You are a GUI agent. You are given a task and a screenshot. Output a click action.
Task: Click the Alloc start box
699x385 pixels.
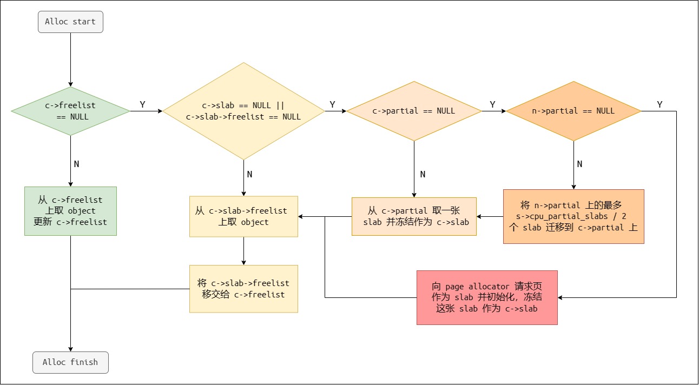(70, 22)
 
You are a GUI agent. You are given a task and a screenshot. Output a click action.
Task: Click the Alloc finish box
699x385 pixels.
(70, 362)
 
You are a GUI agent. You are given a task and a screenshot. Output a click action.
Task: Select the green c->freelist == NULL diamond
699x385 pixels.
(70, 111)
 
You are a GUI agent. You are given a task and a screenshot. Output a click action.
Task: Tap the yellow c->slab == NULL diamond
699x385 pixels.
(243, 111)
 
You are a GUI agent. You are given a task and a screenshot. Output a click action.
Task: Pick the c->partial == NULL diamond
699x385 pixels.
(414, 111)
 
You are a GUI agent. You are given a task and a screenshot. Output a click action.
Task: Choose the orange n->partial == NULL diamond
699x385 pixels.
(573, 111)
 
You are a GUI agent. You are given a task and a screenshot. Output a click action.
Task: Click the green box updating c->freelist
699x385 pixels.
(70, 211)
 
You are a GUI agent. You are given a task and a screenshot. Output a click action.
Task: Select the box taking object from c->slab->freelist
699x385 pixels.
(243, 216)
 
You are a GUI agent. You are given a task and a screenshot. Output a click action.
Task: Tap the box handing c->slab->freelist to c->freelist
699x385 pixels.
(243, 288)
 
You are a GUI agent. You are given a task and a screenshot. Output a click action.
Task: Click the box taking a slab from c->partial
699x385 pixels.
(414, 216)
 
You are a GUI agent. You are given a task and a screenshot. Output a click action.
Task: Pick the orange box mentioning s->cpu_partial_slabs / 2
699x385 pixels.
(573, 216)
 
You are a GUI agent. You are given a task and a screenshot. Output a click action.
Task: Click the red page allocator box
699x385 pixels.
(487, 297)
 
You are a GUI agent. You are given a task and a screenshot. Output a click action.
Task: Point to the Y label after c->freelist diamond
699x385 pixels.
(142, 105)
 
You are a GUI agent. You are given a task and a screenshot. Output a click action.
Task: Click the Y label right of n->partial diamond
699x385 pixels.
(660, 105)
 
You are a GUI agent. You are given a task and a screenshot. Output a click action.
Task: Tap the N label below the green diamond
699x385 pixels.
(76, 164)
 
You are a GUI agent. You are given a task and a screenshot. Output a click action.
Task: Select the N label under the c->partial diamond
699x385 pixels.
(423, 174)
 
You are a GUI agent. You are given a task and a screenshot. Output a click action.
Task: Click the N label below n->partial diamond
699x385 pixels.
(579, 164)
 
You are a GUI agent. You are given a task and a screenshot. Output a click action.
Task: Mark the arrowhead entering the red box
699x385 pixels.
(561, 297)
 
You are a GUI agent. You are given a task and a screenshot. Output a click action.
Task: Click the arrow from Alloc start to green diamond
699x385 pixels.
(70, 59)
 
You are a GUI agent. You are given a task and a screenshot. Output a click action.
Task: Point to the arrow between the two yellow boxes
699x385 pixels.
(243, 251)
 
